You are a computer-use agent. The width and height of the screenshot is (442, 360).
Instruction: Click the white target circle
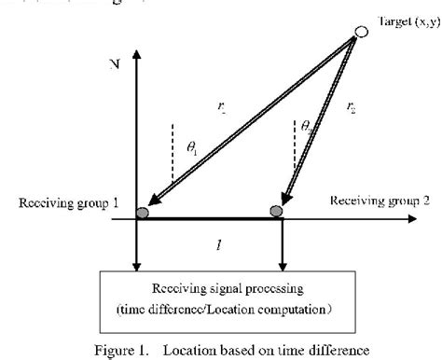point(360,35)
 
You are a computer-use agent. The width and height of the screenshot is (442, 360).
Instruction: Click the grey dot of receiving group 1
point(143,214)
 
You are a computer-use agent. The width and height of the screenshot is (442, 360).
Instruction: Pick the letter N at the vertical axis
point(114,67)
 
